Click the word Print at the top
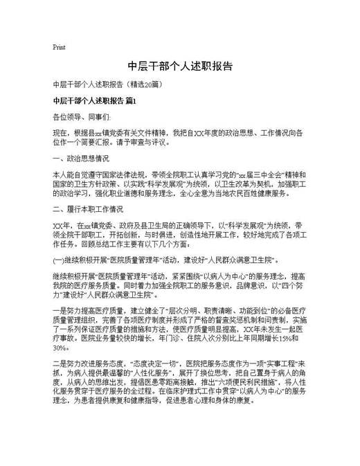[x=59, y=48]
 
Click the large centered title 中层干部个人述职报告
[x=180, y=67]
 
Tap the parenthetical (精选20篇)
[x=144, y=85]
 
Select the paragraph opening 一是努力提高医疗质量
[x=90, y=310]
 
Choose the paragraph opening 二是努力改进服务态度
[x=90, y=363]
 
